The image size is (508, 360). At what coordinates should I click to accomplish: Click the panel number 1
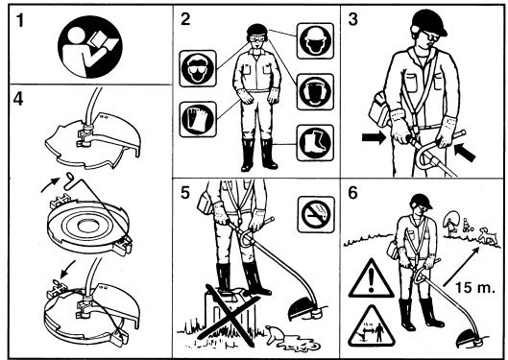[20, 20]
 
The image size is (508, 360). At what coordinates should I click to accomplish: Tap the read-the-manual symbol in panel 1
[90, 47]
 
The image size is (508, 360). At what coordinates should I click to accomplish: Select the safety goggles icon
[198, 68]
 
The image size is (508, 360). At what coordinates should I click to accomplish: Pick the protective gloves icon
[198, 119]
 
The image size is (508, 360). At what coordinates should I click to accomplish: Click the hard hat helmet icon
[315, 40]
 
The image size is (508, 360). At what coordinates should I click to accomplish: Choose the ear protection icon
[315, 92]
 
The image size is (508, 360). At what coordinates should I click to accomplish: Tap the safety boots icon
[315, 143]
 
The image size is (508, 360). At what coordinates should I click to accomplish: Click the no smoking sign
[316, 215]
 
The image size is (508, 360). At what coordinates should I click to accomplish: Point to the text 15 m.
[475, 287]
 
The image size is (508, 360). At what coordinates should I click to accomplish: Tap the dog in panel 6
[488, 234]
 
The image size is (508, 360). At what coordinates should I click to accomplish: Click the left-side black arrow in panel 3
[374, 138]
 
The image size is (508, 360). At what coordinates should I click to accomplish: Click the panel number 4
[18, 99]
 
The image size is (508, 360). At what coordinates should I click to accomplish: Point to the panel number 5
[184, 193]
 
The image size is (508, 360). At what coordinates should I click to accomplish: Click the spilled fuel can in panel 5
[274, 335]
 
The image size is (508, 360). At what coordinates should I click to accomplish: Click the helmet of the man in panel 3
[429, 23]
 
